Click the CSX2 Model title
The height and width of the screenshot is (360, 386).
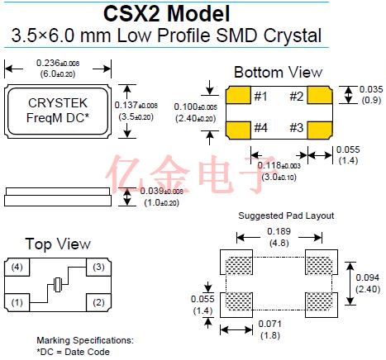(x=167, y=13)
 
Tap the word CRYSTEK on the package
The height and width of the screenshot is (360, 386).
(x=58, y=103)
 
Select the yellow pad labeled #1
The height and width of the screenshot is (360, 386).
(x=238, y=95)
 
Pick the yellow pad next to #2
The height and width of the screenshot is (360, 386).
(x=320, y=95)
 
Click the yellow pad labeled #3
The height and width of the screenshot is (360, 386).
(x=320, y=130)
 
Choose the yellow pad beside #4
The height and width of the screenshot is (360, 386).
(x=238, y=130)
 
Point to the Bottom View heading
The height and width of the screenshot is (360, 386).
(x=278, y=73)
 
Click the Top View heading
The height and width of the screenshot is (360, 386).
(x=58, y=244)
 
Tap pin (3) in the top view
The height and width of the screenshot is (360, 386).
(x=98, y=267)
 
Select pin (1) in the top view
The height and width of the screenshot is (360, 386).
(x=17, y=302)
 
